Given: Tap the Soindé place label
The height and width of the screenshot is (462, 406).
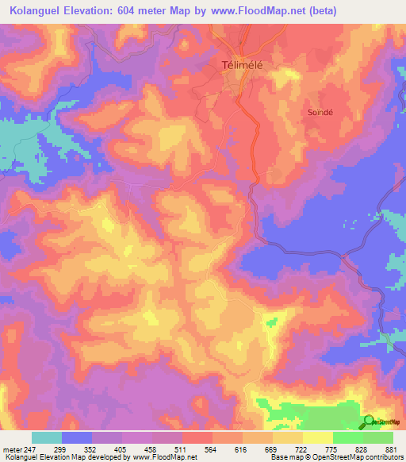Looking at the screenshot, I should pos(321,113).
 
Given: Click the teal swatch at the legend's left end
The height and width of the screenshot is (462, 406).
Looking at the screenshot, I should pos(47,437).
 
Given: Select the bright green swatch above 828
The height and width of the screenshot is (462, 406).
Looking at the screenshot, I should pos(347,437).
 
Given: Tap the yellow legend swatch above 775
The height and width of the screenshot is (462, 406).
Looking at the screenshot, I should pos(317,437).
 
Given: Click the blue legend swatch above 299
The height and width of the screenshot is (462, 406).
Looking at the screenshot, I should pos(77,437).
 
